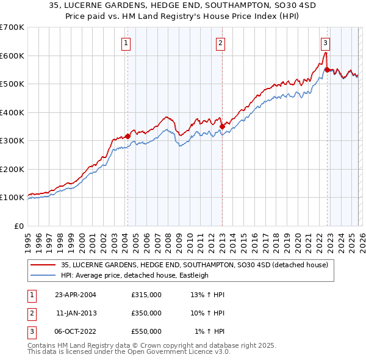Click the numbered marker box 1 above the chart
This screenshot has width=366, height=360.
[126, 43]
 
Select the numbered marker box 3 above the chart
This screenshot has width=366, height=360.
[325, 43]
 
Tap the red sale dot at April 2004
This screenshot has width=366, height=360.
[127, 136]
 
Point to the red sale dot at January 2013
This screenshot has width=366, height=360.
[222, 126]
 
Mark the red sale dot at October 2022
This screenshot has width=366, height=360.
[327, 70]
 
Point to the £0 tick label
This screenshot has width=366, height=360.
[18, 226]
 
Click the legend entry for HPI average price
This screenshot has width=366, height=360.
[134, 275]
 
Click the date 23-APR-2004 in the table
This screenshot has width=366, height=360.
[76, 295]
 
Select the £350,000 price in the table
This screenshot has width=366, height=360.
[146, 313]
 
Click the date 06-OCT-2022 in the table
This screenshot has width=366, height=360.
[76, 331]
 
